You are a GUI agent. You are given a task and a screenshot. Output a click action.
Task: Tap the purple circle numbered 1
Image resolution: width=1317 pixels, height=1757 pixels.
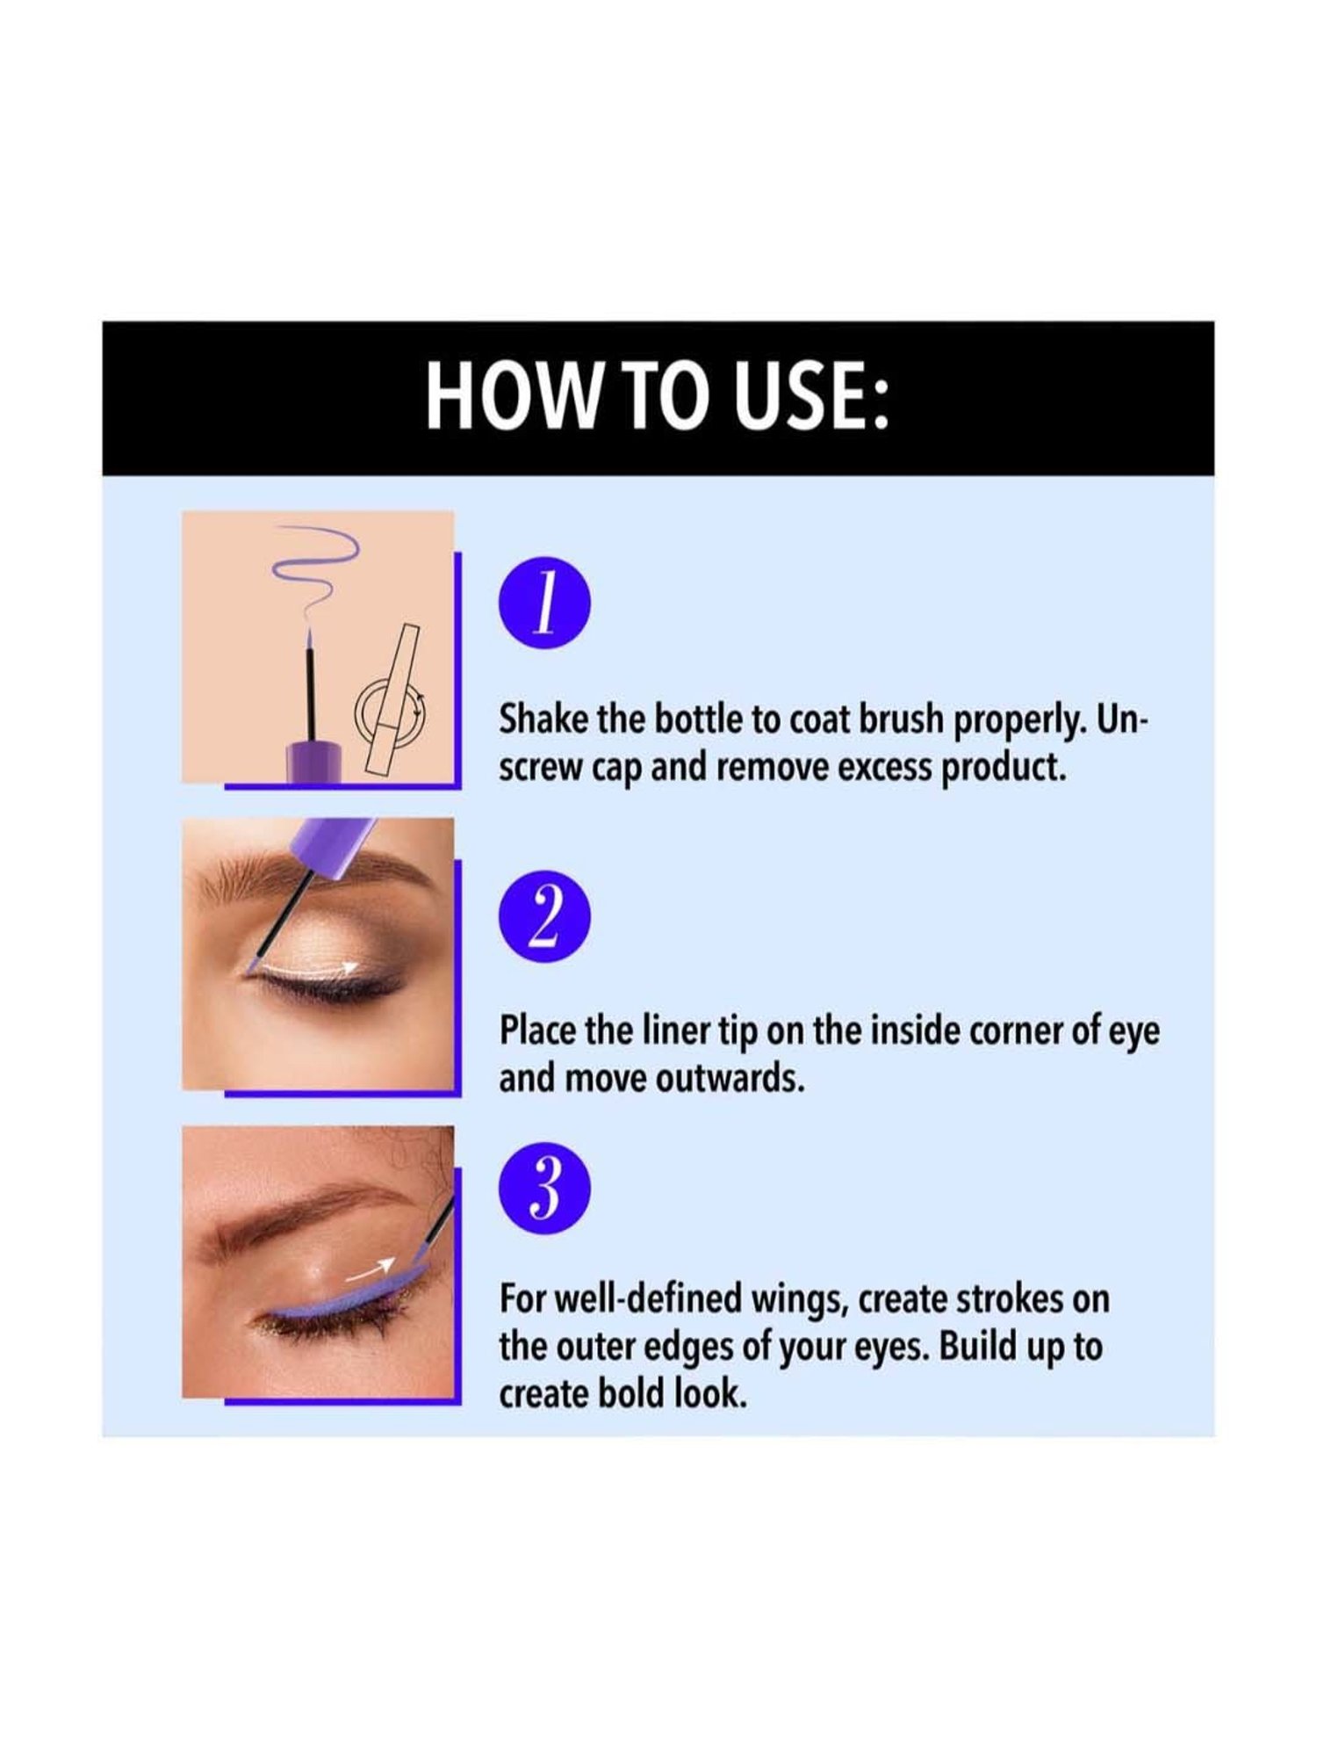(544, 604)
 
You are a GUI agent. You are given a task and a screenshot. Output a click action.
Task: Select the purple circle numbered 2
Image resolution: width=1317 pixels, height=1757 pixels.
(544, 916)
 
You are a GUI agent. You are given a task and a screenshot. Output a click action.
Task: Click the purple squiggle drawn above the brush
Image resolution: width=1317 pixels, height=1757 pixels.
(314, 562)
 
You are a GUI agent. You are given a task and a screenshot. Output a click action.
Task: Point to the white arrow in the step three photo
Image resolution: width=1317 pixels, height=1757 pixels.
(369, 1268)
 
